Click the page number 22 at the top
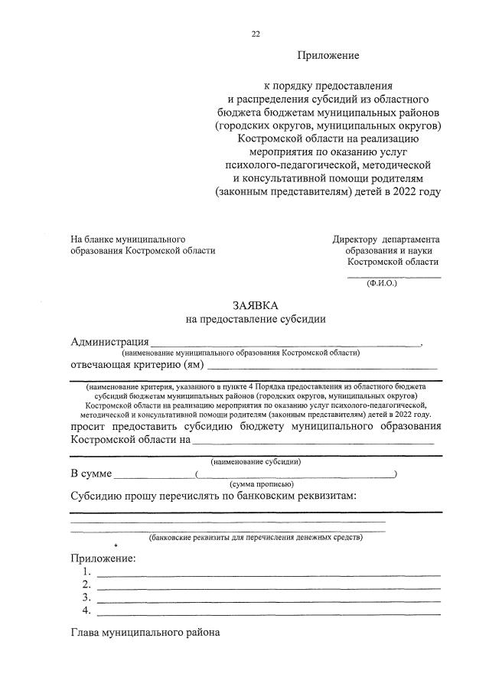[256, 34]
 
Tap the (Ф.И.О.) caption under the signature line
[382, 282]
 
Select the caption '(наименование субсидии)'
[256, 462]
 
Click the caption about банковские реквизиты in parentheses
[256, 538]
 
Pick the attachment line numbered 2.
[268, 587]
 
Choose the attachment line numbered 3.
[268, 600]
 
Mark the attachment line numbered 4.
[268, 613]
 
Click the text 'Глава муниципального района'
[145, 633]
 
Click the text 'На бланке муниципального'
[128, 239]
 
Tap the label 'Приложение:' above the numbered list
[103, 558]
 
